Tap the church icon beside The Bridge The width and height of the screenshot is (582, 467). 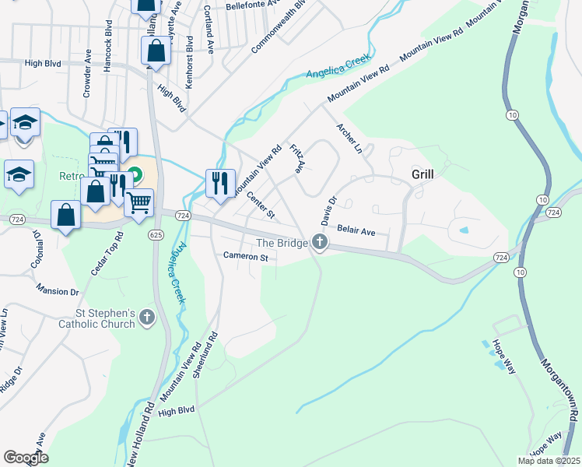[319, 243]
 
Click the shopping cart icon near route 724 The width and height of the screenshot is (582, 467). [139, 202]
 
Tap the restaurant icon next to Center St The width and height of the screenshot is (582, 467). [219, 183]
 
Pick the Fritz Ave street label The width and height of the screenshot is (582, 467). [297, 158]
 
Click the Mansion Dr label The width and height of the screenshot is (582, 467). [58, 291]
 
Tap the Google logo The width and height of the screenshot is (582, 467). [26, 458]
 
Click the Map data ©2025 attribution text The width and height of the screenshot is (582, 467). [548, 461]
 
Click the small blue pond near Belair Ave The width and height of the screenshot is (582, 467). [464, 230]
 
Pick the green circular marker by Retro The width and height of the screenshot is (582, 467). [135, 175]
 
